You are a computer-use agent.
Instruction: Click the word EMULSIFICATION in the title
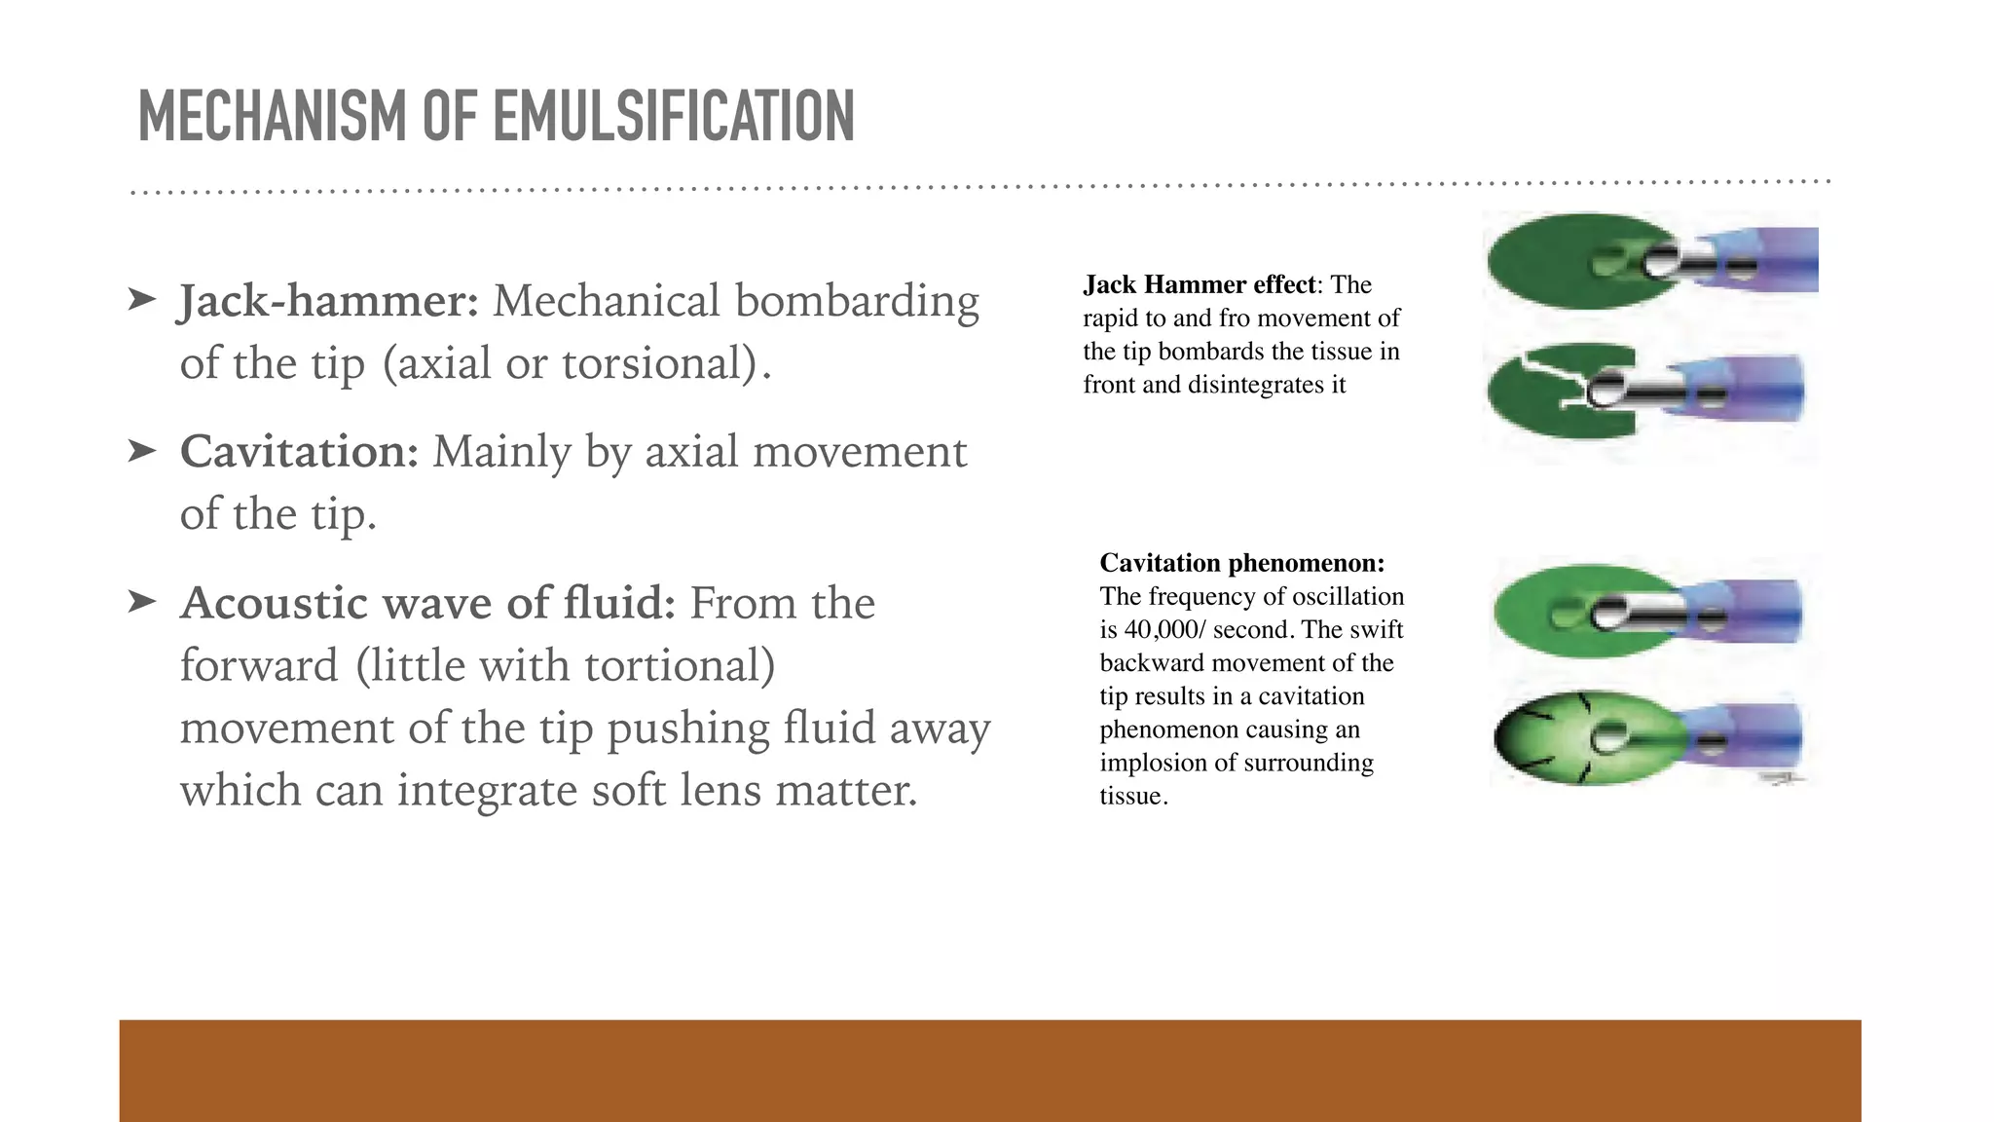click(673, 117)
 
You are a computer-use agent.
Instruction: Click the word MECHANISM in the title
click(274, 117)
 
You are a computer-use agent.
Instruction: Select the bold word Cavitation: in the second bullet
click(299, 452)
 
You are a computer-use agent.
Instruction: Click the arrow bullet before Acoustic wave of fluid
click(142, 602)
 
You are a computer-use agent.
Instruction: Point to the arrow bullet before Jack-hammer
click(142, 299)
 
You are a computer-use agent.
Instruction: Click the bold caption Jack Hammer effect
click(1199, 284)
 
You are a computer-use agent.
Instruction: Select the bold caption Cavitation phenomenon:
click(1241, 563)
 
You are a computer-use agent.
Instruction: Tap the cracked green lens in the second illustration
click(1548, 393)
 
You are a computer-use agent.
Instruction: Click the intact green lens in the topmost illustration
click(1548, 261)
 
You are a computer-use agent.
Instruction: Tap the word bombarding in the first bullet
click(857, 301)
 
